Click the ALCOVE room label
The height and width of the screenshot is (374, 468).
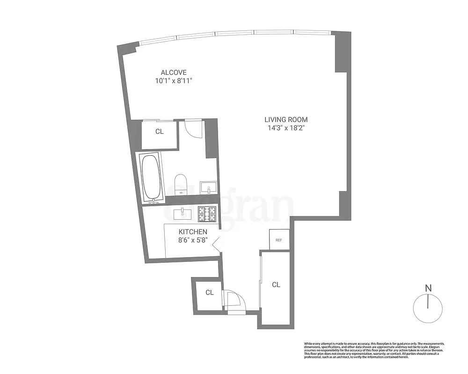click(x=174, y=72)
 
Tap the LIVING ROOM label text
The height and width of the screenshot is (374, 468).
click(x=286, y=119)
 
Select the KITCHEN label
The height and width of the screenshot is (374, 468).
click(x=193, y=232)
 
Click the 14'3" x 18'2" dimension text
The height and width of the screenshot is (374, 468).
click(x=286, y=128)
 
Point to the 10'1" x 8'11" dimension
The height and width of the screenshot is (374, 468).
click(x=174, y=81)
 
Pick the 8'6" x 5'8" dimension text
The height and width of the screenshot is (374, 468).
click(x=193, y=240)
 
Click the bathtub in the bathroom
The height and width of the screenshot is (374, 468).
click(x=151, y=178)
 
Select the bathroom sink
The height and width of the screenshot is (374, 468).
click(x=207, y=188)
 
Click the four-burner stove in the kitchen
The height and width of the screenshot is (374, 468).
click(x=206, y=214)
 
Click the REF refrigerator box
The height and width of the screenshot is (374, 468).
click(x=278, y=240)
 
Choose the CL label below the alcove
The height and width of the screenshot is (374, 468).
click(x=160, y=132)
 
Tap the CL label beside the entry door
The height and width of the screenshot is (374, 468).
click(x=210, y=293)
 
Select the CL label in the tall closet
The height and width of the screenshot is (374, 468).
click(x=276, y=284)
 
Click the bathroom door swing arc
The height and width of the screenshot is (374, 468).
click(x=192, y=128)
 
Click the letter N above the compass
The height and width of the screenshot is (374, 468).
click(x=428, y=288)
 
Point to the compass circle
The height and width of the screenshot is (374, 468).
click(x=428, y=309)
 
